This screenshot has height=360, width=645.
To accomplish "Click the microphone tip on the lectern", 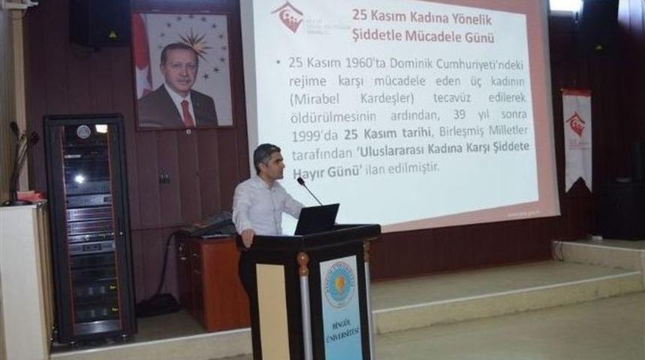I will (x=300, y=181).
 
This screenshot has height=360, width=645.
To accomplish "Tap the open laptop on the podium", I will (x=316, y=219).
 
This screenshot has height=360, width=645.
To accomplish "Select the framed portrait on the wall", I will (x=183, y=70).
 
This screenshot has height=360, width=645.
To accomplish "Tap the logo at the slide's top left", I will (x=288, y=16).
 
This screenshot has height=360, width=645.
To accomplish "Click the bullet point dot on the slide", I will (x=278, y=63).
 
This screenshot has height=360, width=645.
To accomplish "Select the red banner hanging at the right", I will (x=577, y=139).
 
